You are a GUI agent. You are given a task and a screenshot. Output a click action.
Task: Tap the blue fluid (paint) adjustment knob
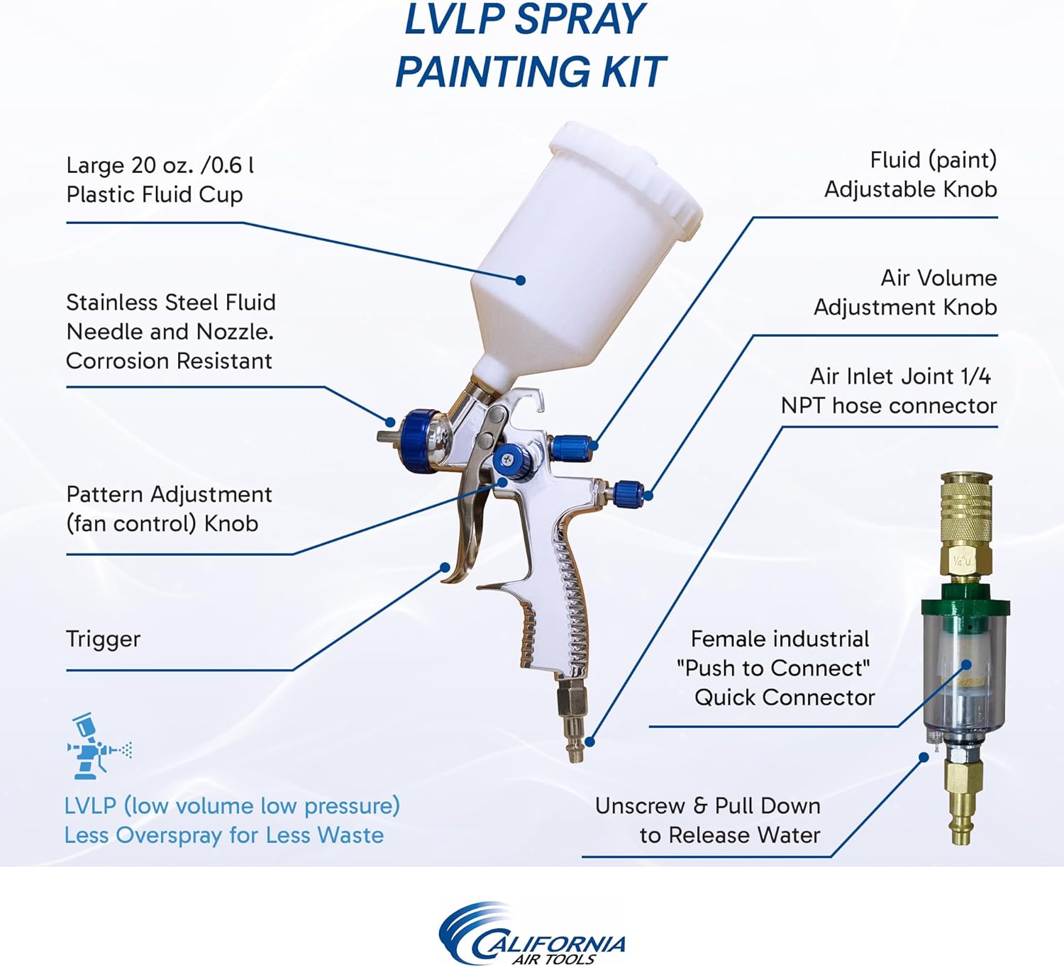[572, 447]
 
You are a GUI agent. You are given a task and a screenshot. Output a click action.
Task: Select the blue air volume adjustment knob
[629, 491]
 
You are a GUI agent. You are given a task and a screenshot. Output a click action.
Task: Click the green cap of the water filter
[965, 601]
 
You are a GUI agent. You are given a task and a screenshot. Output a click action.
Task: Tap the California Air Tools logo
[531, 933]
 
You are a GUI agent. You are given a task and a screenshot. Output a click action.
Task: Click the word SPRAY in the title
[580, 20]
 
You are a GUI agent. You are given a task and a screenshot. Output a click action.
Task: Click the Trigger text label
[104, 639]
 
